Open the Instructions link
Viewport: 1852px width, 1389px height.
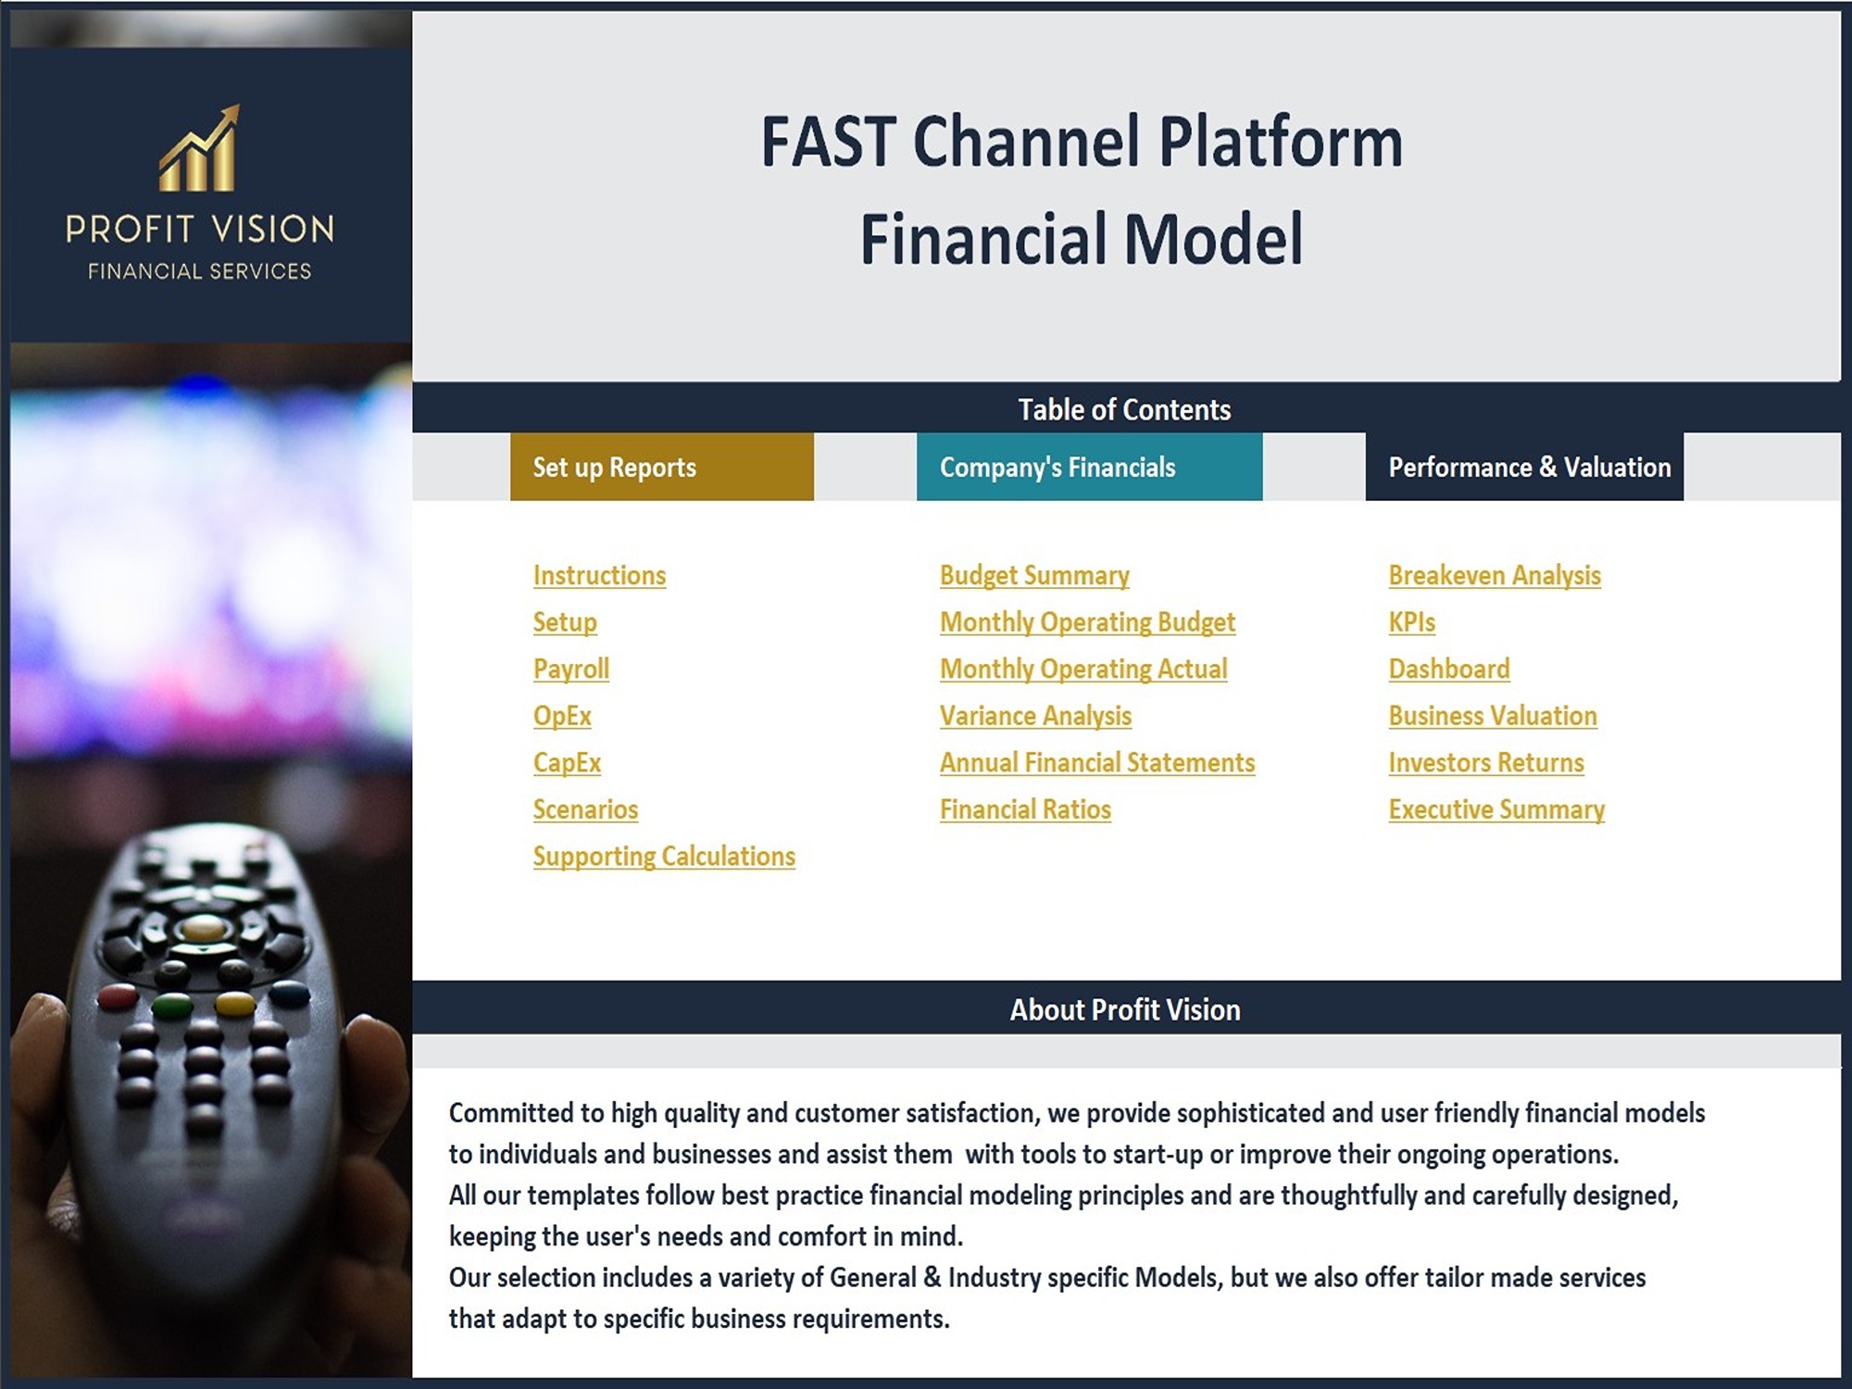tap(599, 575)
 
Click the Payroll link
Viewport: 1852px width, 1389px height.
tap(570, 669)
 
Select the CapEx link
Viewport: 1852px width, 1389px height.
tap(567, 763)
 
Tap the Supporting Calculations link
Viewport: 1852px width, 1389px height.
tap(664, 857)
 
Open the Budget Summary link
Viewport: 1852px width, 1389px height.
tap(1034, 576)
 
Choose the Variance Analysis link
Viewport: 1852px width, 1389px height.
tap(1035, 716)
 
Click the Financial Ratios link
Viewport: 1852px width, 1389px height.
tap(1025, 809)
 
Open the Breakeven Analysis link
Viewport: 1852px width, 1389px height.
tap(1495, 576)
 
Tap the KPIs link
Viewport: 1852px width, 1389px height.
tap(1411, 622)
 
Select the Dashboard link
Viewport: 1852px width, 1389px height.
tap(1449, 669)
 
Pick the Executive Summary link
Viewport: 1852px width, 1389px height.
tap(1496, 810)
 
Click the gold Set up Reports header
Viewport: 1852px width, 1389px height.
tap(662, 467)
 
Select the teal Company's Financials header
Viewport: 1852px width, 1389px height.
tap(1089, 467)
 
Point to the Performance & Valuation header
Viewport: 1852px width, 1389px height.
tap(1524, 467)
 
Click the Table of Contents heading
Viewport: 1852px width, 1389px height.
tap(1124, 409)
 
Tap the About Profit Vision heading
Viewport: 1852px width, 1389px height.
tap(1125, 1009)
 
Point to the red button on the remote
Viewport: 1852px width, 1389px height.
tap(118, 996)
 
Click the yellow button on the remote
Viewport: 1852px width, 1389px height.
tap(233, 1004)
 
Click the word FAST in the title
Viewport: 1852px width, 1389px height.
tap(828, 142)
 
